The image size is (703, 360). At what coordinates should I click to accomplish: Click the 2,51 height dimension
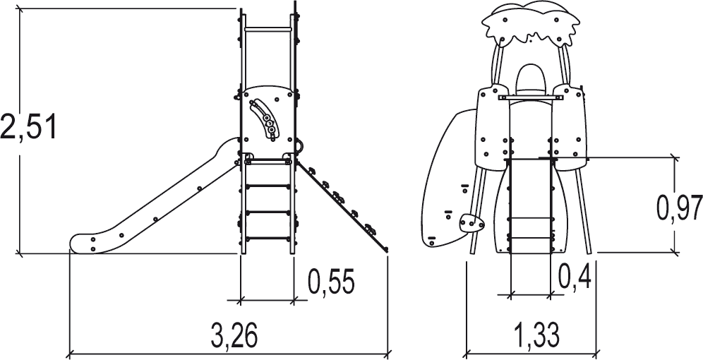coord(29,127)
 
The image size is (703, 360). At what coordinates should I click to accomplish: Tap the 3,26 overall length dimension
coord(234,335)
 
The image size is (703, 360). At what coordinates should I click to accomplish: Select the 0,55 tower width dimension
coord(331,282)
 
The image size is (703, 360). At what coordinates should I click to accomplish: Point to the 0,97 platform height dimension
coord(679,208)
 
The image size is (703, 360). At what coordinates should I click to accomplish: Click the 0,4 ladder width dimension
coord(575,275)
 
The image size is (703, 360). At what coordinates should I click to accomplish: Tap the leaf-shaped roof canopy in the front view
coord(530,24)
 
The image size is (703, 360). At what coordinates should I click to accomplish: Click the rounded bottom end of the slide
coord(83,244)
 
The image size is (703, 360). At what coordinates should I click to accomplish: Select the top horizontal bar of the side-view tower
coord(268,30)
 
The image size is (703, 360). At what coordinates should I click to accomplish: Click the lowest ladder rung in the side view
coord(268,238)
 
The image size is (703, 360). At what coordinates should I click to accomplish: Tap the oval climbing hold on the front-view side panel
coord(471,222)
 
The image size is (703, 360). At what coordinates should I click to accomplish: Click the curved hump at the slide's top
coord(228,145)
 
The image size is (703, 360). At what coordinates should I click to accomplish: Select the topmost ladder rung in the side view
coord(268,163)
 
